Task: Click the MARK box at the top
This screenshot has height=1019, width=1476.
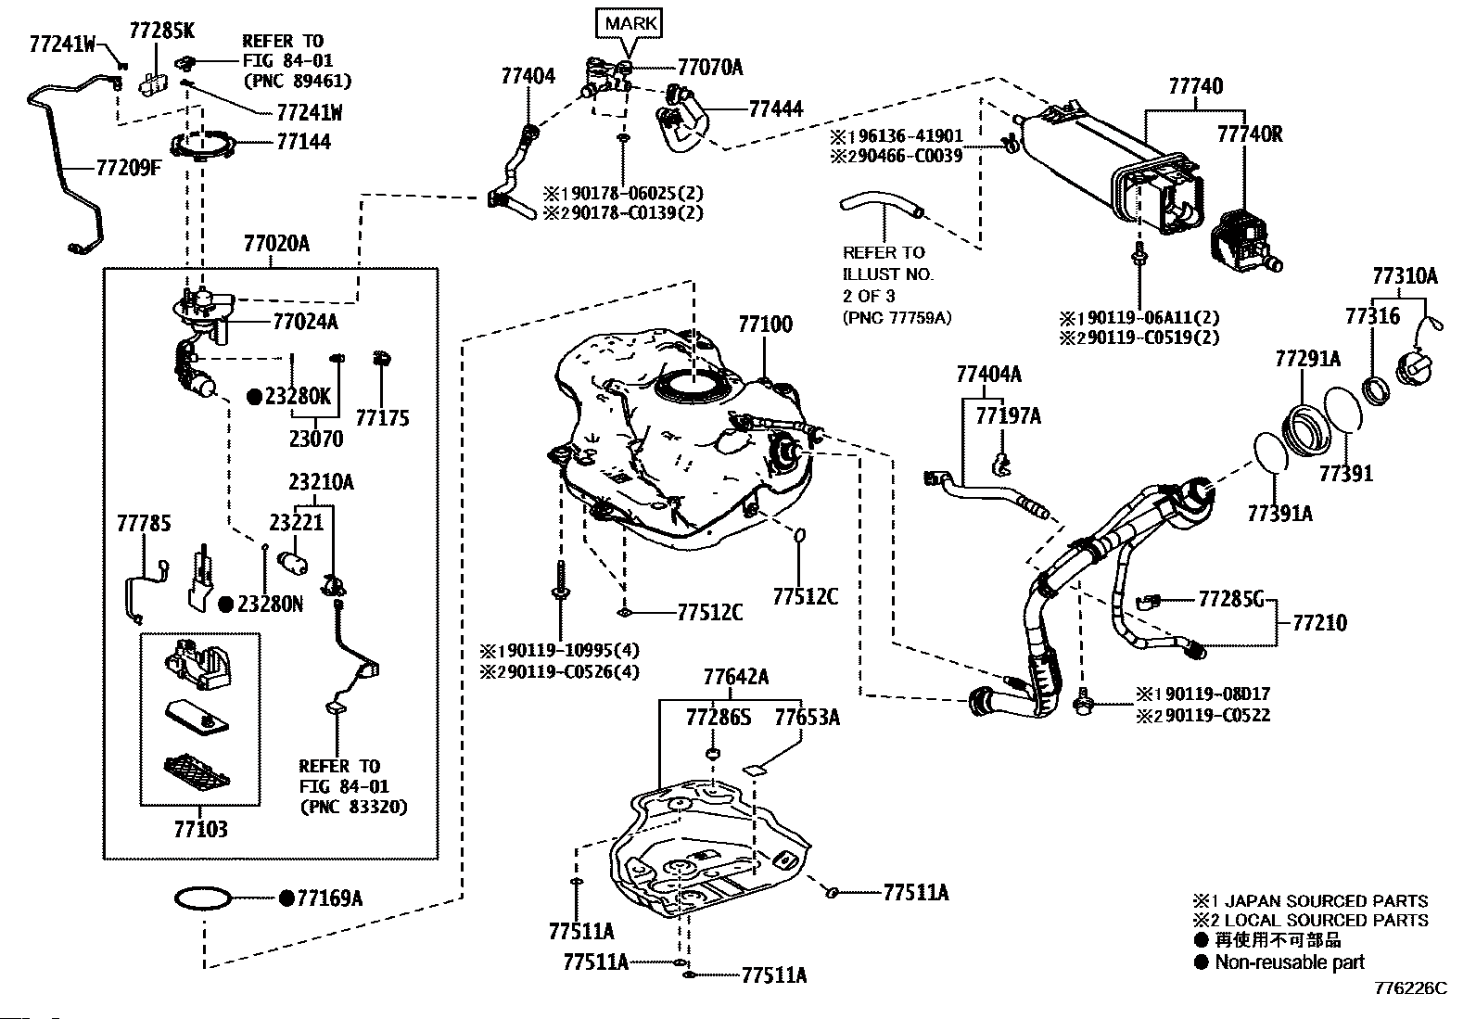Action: (630, 23)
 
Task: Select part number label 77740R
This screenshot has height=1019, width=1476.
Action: (1249, 134)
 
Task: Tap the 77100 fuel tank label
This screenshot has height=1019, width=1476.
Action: (765, 325)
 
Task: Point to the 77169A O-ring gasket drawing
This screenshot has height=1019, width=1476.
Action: (202, 898)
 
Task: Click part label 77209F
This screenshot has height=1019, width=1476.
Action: (129, 169)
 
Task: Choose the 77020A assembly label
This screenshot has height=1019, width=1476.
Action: (276, 245)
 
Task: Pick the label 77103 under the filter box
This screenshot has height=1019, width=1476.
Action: (200, 829)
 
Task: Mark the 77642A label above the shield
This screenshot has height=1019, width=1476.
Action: (735, 676)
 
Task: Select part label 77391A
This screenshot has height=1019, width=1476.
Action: (1279, 513)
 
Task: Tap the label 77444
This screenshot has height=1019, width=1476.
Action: (775, 108)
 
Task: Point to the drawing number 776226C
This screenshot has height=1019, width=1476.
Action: (1410, 988)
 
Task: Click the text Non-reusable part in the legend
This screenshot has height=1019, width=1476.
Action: (1290, 962)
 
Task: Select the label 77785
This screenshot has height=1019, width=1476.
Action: (144, 524)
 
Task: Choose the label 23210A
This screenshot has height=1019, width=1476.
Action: (321, 482)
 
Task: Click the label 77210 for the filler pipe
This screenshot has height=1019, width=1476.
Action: (1319, 622)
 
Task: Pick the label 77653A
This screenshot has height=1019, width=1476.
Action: (807, 717)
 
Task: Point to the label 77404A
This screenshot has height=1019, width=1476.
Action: (988, 374)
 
